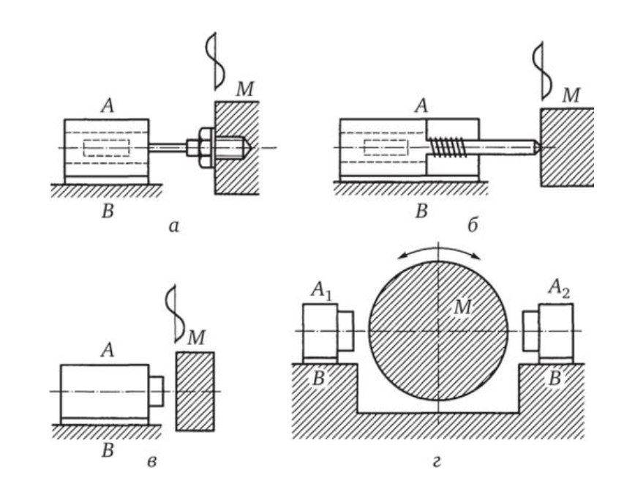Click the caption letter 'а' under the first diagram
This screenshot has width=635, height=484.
[173, 228]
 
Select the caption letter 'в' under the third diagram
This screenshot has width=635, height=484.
[151, 461]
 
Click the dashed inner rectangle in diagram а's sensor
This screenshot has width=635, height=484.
[106, 147]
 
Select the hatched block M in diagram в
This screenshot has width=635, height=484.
[195, 392]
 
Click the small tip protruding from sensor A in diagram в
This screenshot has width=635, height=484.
[157, 392]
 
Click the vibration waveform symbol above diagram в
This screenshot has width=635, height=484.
[173, 313]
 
